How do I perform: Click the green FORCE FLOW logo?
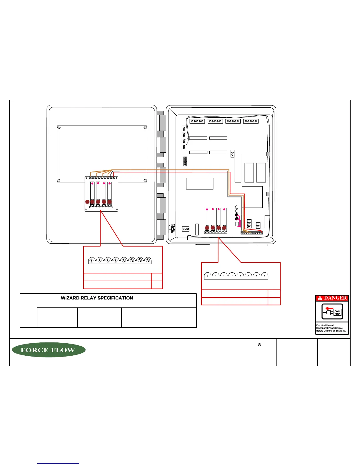tap(49, 350)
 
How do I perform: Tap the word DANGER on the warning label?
tap(335, 298)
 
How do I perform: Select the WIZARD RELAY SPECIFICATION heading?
tap(97, 298)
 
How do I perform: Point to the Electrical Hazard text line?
tap(325, 325)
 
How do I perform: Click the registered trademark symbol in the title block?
tap(259, 344)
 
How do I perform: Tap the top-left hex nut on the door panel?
tap(59, 127)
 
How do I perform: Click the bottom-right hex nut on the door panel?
tap(145, 181)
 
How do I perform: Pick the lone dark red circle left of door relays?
tap(87, 202)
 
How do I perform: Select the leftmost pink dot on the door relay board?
tap(92, 183)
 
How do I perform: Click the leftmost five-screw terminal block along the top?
tap(197, 121)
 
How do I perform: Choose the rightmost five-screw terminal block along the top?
tap(251, 121)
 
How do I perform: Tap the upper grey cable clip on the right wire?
tap(268, 154)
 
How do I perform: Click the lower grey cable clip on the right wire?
tap(268, 194)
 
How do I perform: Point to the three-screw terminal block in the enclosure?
tap(186, 229)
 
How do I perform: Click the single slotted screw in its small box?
tap(233, 154)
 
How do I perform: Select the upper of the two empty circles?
tap(237, 207)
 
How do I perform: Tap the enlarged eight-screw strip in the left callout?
tap(120, 260)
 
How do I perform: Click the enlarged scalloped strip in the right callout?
tap(236, 276)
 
